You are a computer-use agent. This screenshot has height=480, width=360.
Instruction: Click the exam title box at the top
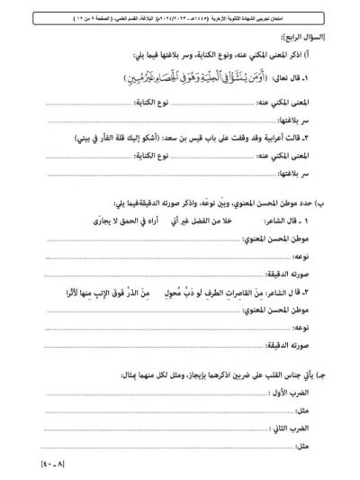click(180, 13)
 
